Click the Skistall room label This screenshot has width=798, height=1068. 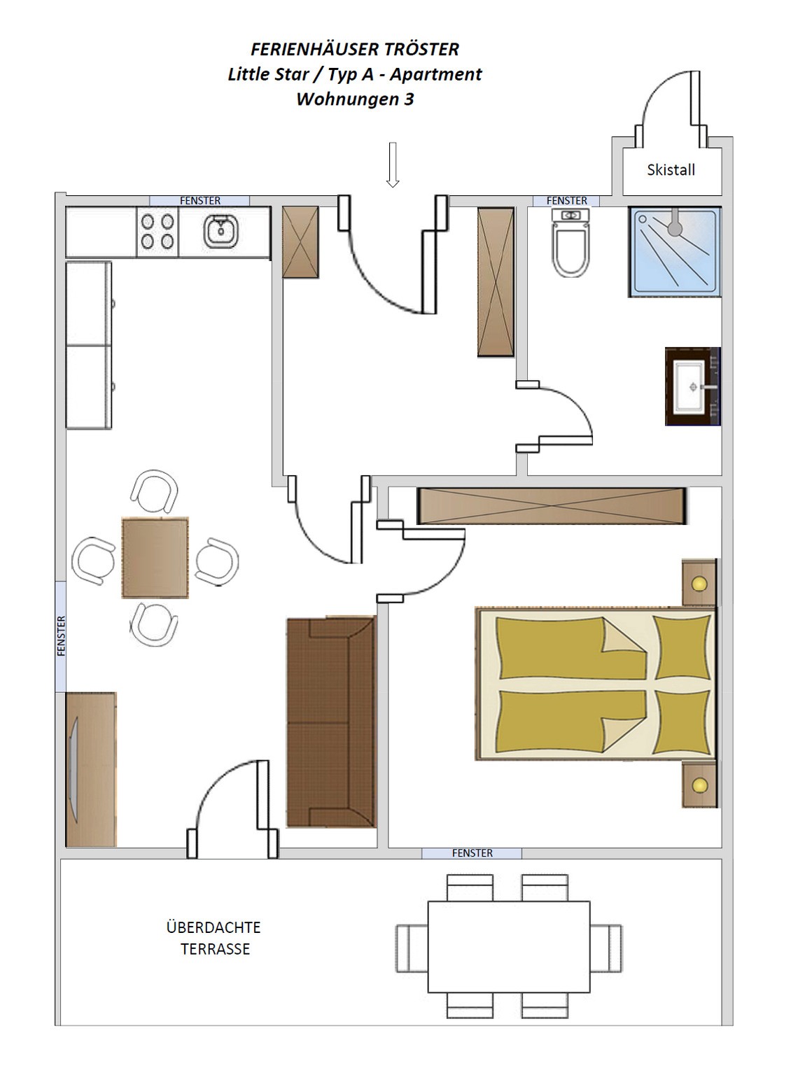click(671, 170)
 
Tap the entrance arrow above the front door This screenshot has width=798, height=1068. click(393, 165)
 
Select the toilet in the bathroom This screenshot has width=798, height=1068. click(570, 244)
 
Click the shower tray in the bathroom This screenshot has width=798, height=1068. click(675, 251)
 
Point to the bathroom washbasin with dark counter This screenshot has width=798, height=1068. click(693, 386)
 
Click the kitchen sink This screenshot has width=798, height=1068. click(221, 232)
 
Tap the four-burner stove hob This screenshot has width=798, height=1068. click(157, 232)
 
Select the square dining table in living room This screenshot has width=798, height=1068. click(155, 558)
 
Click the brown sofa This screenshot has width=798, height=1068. click(332, 722)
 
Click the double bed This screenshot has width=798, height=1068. click(596, 683)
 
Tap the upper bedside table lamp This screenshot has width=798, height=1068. click(699, 584)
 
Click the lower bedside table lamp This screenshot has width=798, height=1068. click(700, 785)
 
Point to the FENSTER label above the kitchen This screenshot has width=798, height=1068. click(200, 200)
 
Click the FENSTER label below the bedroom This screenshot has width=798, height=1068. click(472, 853)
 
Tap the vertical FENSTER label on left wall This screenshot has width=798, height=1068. click(62, 636)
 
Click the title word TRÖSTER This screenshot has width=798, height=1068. click(422, 49)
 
